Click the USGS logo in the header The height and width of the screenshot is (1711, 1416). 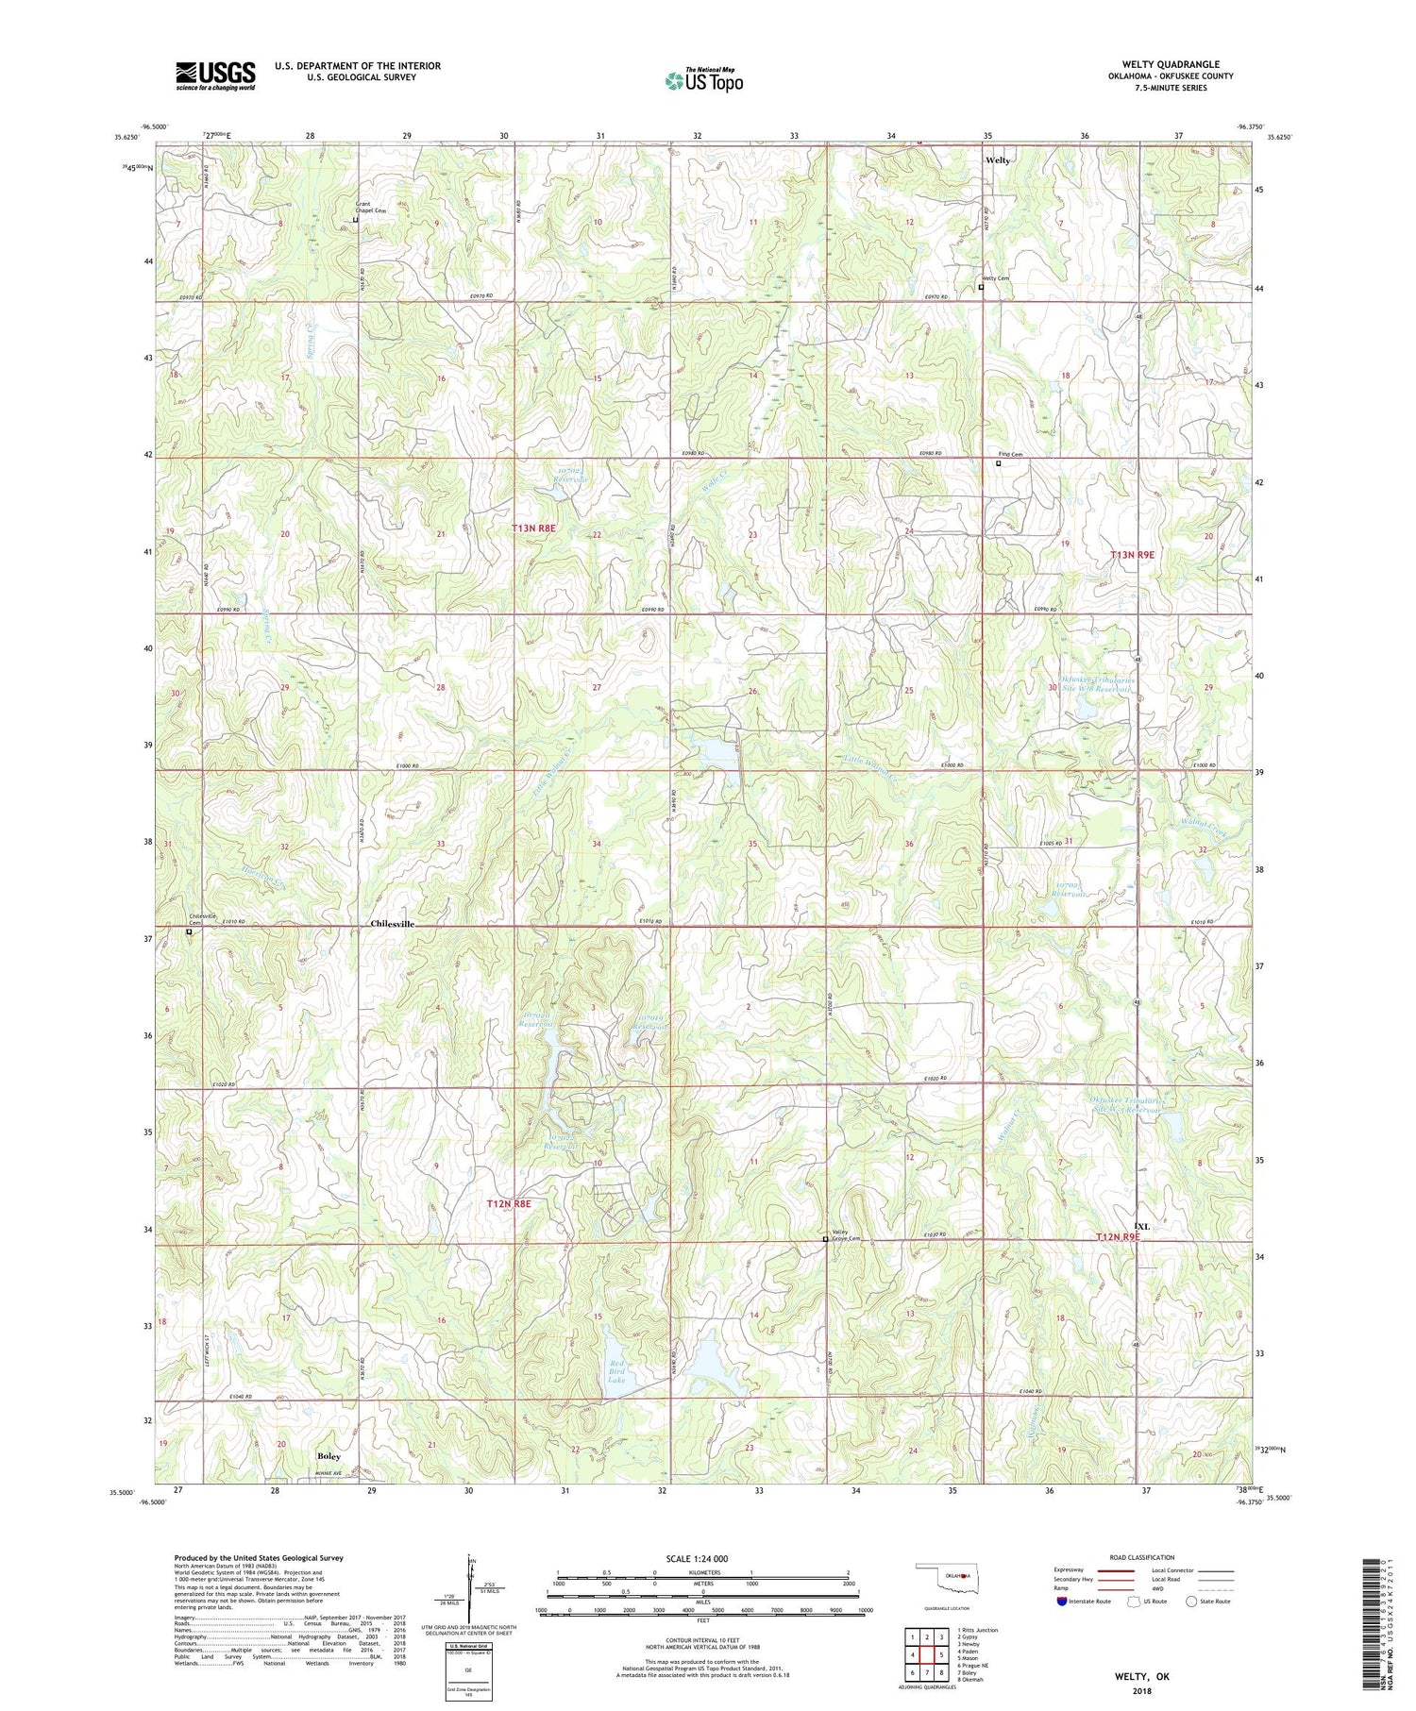click(214, 75)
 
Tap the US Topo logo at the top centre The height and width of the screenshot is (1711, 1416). click(703, 80)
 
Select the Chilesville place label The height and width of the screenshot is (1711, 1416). click(392, 924)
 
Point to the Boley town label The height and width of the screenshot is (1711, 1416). click(329, 1456)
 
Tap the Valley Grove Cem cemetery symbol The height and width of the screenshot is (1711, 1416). click(825, 1239)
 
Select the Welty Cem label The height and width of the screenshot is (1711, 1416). click(995, 278)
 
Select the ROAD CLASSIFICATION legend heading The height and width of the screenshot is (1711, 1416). click(1142, 1557)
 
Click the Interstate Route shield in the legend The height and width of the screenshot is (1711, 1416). click(1063, 1602)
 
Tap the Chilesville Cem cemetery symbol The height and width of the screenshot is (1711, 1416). click(189, 931)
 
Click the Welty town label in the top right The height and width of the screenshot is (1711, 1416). click(998, 160)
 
